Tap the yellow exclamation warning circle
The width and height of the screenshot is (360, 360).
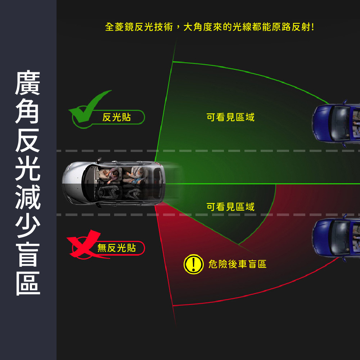tap(193, 264)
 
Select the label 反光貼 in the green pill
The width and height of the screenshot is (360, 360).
tap(117, 117)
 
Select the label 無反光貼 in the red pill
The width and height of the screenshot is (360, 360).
tap(117, 248)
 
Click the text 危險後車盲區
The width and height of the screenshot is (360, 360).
tap(238, 264)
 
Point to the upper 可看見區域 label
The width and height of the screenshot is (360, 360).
tap(230, 117)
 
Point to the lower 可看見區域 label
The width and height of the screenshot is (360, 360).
tap(230, 207)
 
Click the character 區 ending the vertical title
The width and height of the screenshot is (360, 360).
tap(28, 283)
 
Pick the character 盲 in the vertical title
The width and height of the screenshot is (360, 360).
tap(28, 254)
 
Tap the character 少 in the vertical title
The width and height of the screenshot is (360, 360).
tap(28, 226)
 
